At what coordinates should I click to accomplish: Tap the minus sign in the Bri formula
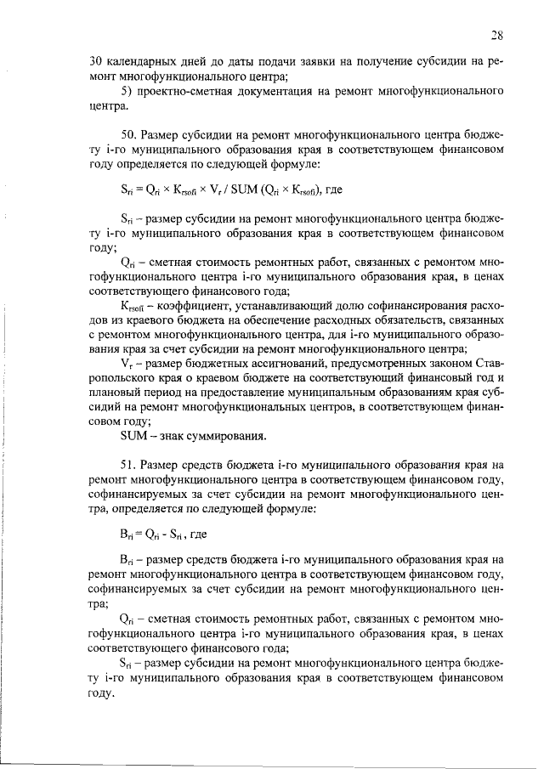(161, 536)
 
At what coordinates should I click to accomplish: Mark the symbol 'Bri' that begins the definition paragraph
(127, 561)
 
